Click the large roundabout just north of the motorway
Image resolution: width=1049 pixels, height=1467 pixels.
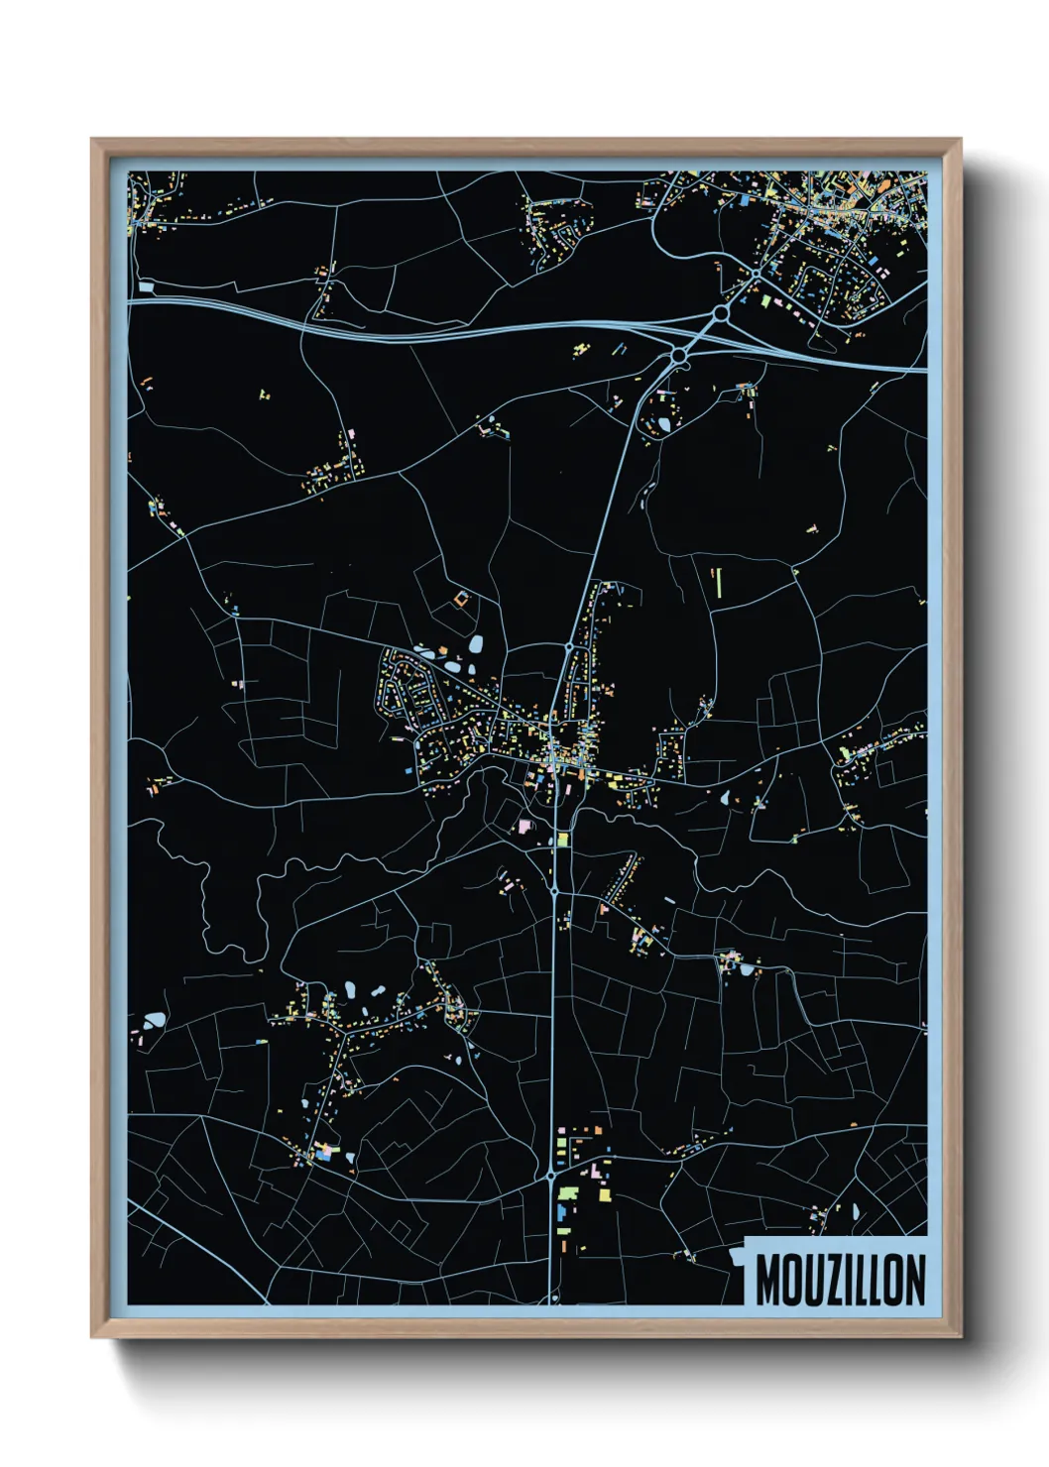721,312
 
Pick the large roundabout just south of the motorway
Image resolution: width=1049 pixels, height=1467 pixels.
678,354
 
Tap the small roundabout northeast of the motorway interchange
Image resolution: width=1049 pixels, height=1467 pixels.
757,272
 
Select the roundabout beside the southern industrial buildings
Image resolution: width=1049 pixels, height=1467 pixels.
550,1176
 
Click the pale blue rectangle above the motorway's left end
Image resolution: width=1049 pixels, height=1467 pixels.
147,287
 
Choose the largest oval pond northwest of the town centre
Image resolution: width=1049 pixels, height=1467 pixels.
476,644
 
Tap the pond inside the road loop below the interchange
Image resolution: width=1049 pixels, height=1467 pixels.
663,425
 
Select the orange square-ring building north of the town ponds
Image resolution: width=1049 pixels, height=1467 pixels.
459,599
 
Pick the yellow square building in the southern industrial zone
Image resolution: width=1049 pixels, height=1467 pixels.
604,1195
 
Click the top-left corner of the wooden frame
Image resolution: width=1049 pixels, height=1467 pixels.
92,140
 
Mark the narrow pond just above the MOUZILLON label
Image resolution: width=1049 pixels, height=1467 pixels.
855,1211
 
